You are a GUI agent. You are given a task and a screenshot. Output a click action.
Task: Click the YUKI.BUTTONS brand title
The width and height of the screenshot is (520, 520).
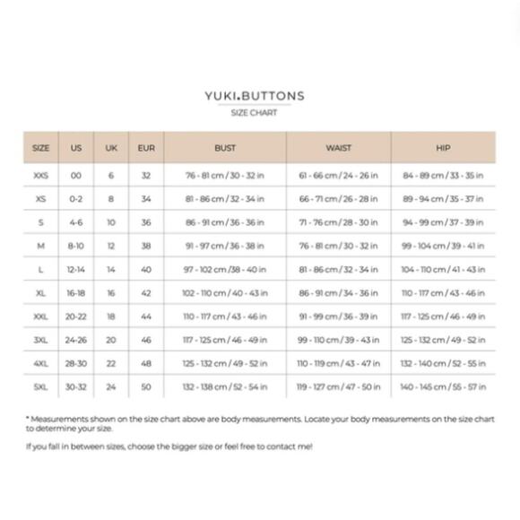click(x=254, y=96)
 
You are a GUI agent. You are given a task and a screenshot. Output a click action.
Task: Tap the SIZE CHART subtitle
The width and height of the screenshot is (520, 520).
click(x=254, y=113)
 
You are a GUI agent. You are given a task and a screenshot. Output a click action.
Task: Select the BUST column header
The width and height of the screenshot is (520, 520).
click(x=225, y=147)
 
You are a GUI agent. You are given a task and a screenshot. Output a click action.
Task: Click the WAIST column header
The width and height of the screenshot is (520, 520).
click(x=338, y=147)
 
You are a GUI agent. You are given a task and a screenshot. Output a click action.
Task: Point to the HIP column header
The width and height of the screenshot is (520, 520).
click(x=443, y=147)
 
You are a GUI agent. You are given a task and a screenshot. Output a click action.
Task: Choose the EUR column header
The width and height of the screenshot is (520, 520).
click(x=146, y=147)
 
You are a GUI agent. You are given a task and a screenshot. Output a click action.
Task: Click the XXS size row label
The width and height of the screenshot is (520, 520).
click(x=40, y=175)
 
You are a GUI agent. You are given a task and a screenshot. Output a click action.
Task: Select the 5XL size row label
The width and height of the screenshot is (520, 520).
click(x=40, y=386)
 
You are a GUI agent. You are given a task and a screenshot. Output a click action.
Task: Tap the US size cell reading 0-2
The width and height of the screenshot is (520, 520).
click(x=76, y=198)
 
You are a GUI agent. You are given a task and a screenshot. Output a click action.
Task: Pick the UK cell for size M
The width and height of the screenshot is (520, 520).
click(x=111, y=246)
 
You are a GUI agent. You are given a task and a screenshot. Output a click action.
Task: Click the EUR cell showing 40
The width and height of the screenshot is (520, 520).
click(x=146, y=269)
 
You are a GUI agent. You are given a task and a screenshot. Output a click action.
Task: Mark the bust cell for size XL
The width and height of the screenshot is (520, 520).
click(x=225, y=292)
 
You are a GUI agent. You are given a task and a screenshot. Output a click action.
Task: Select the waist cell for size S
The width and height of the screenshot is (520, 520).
click(x=338, y=222)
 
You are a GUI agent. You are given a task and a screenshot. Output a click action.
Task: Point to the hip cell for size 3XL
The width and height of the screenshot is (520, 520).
click(x=443, y=340)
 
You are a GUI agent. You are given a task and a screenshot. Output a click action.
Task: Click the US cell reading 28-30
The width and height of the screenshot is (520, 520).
click(x=76, y=363)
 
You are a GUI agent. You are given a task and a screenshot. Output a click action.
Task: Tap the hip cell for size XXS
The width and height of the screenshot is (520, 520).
click(x=443, y=175)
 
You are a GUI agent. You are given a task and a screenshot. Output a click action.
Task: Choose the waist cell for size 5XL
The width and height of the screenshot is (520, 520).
click(x=338, y=386)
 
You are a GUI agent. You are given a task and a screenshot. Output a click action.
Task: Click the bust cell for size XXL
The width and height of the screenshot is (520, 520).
click(x=225, y=316)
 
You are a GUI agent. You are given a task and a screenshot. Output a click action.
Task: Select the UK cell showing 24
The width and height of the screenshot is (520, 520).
click(x=111, y=386)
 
